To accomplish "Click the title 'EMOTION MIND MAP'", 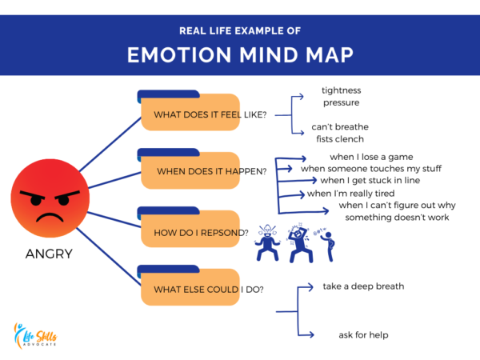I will pos(240,57).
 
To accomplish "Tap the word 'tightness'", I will pos(342,90).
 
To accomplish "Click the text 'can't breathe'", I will pos(339,127).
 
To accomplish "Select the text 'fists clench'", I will pos(341,138).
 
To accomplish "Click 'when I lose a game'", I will pos(371,157).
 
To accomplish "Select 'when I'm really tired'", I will pos(350,194).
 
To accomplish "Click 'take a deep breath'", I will pos(363,286).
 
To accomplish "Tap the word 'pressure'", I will pos(341,102).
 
